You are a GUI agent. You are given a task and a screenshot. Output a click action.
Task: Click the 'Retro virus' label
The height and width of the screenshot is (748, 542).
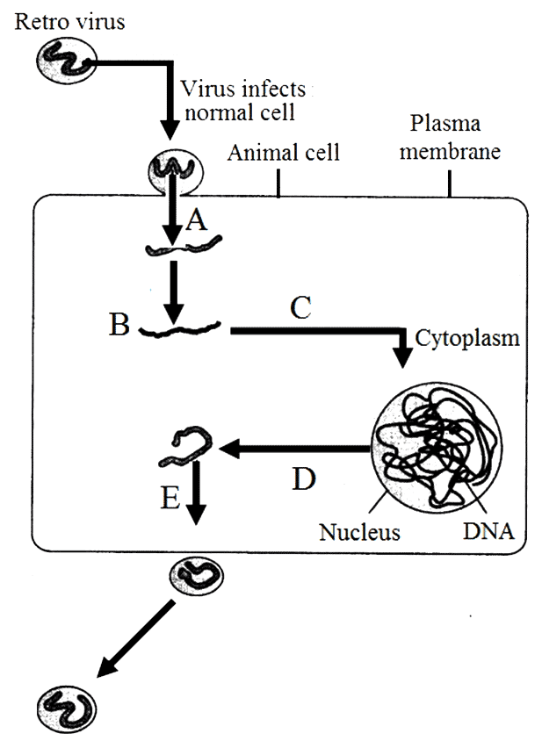[69, 20]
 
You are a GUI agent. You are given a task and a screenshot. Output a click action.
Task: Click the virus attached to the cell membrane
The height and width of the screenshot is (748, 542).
[176, 169]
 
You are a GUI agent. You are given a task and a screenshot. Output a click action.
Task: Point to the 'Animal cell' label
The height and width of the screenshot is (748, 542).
[283, 153]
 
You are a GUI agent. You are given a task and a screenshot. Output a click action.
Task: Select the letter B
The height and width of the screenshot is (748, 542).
[119, 324]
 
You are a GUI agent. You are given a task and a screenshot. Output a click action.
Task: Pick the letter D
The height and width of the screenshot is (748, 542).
[303, 478]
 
